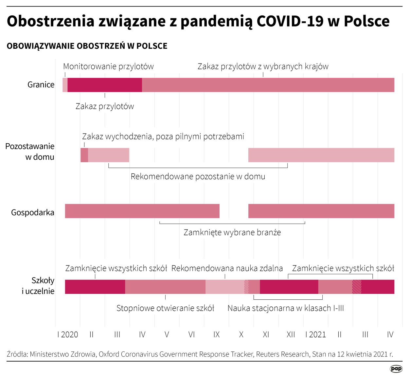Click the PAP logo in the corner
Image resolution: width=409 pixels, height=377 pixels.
click(x=396, y=369)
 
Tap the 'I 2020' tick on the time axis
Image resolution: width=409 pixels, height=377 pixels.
click(x=68, y=334)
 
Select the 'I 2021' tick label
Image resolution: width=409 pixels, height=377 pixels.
click(x=316, y=334)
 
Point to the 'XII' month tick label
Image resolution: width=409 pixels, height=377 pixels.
click(x=291, y=334)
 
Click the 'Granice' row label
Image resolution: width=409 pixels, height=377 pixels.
click(x=41, y=85)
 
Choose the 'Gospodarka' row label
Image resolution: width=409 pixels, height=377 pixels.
click(x=33, y=213)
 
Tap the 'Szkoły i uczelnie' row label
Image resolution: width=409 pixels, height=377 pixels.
click(x=38, y=286)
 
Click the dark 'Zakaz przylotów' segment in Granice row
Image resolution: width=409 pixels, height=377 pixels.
click(x=105, y=85)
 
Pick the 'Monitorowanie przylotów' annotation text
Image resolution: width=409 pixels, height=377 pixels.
click(x=108, y=66)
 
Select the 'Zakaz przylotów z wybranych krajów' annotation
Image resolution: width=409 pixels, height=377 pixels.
click(x=263, y=66)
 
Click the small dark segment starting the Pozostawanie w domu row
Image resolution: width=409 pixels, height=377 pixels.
click(x=84, y=155)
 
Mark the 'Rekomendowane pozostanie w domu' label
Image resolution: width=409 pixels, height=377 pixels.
click(x=198, y=177)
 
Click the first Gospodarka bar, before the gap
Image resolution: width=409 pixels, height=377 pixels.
click(x=142, y=211)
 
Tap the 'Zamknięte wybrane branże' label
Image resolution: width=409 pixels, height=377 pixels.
click(x=232, y=233)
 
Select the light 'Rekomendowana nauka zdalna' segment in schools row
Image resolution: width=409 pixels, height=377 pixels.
click(x=224, y=287)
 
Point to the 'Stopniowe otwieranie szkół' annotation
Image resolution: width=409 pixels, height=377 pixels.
click(x=165, y=308)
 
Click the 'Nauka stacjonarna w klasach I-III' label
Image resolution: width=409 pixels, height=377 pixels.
click(x=285, y=308)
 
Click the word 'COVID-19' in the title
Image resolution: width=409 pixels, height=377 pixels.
click(x=290, y=21)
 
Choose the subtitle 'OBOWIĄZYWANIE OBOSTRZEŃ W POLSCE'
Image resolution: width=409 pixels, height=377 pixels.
click(x=87, y=46)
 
